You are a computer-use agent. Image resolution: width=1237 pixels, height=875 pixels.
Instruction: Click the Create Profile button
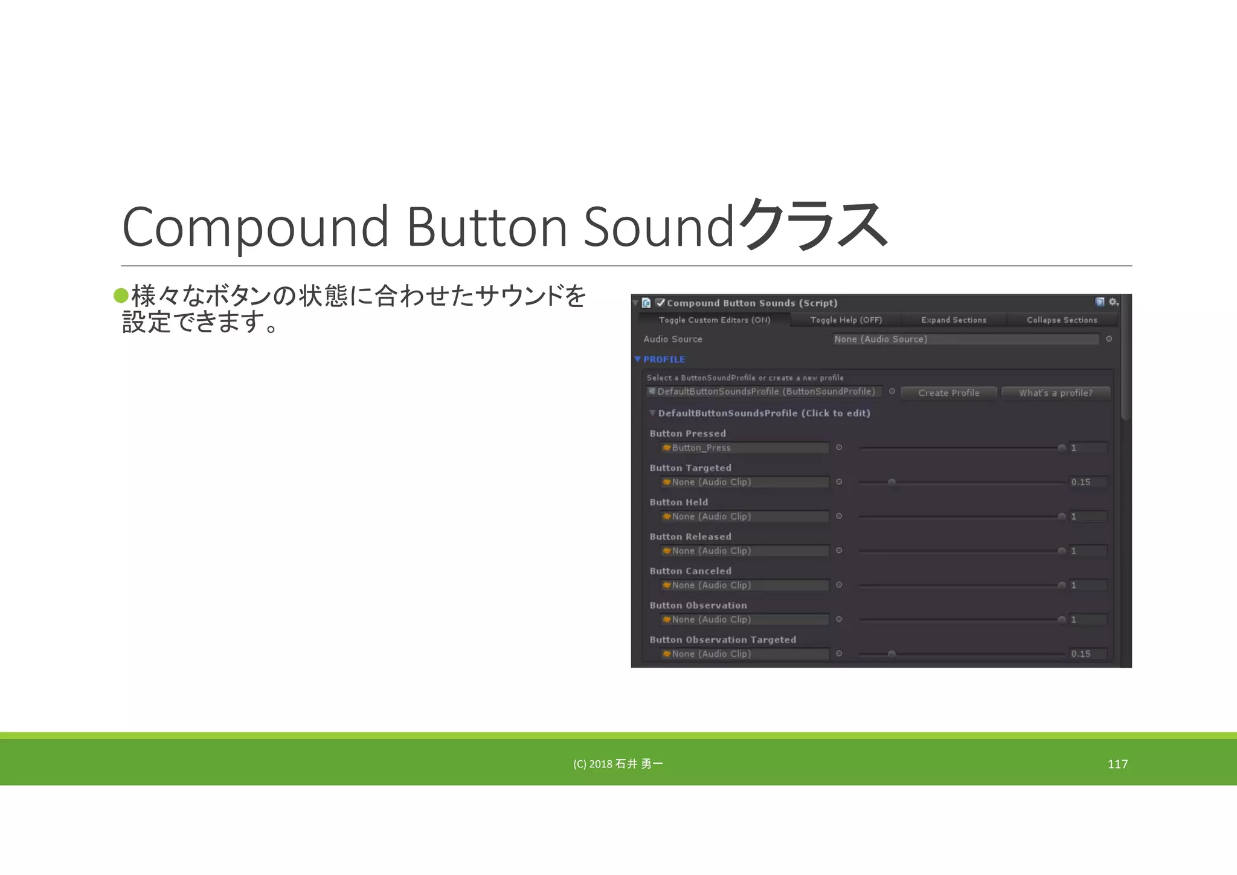click(948, 393)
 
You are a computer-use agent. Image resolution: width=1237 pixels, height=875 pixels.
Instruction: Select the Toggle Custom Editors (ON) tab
click(714, 320)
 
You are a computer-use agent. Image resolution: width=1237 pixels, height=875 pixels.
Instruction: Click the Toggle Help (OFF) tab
click(846, 320)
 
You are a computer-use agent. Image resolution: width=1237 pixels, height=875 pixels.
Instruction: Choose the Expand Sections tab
click(954, 320)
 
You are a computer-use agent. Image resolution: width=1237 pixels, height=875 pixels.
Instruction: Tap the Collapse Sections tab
click(1062, 320)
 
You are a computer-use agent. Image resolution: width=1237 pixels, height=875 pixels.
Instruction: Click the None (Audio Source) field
click(965, 339)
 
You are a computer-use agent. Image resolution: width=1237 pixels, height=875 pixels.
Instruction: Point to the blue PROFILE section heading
click(664, 360)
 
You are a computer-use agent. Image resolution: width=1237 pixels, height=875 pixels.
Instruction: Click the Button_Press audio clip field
click(745, 448)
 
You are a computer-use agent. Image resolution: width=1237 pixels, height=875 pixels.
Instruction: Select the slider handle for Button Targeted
click(892, 482)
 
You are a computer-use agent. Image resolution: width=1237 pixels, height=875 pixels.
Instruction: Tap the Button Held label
click(678, 502)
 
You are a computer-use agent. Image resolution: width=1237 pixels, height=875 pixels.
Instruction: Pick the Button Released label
click(690, 537)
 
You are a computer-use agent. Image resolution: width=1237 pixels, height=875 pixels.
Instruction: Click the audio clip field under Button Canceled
click(745, 585)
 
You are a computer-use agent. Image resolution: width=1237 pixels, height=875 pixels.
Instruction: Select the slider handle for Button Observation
click(1061, 619)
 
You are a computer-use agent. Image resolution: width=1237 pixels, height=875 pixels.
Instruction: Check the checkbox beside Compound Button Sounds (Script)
click(660, 303)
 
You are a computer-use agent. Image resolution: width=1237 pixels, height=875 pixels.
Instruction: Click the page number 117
click(1117, 764)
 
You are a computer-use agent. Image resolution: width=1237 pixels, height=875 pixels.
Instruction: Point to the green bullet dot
click(121, 295)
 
